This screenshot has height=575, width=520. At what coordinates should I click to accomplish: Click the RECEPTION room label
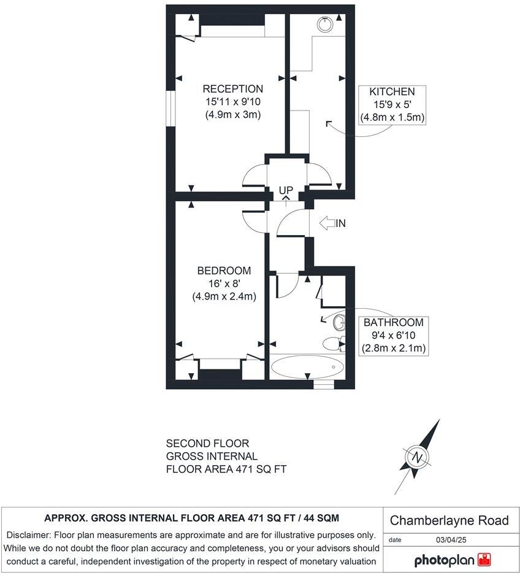[x=232, y=89]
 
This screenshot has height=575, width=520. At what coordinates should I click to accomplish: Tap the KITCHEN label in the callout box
[x=392, y=92]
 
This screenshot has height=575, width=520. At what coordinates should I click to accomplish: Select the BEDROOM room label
[x=224, y=271]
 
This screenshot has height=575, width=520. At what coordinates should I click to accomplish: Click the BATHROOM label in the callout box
[x=393, y=323]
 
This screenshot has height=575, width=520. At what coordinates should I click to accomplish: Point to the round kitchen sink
[x=325, y=25]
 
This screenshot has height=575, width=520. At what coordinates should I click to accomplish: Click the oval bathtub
[x=307, y=368]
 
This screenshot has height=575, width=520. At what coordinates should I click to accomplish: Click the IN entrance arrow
[x=333, y=223]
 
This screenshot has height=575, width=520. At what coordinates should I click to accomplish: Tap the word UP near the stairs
[x=286, y=190]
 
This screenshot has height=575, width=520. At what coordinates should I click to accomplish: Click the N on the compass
[x=418, y=458]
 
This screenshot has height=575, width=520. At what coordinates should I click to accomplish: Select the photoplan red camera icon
[x=485, y=560]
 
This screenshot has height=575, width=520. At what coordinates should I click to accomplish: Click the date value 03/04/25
[x=449, y=539]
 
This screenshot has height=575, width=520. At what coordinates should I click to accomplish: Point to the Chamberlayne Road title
[x=449, y=520]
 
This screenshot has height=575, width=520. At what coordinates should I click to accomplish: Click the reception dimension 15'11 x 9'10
[x=232, y=102]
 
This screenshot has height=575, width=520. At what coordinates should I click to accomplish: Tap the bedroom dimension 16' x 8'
[x=224, y=284]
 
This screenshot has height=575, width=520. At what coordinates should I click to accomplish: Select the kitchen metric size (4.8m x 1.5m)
[x=392, y=117]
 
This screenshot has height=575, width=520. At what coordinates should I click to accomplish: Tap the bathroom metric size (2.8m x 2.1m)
[x=393, y=348]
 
